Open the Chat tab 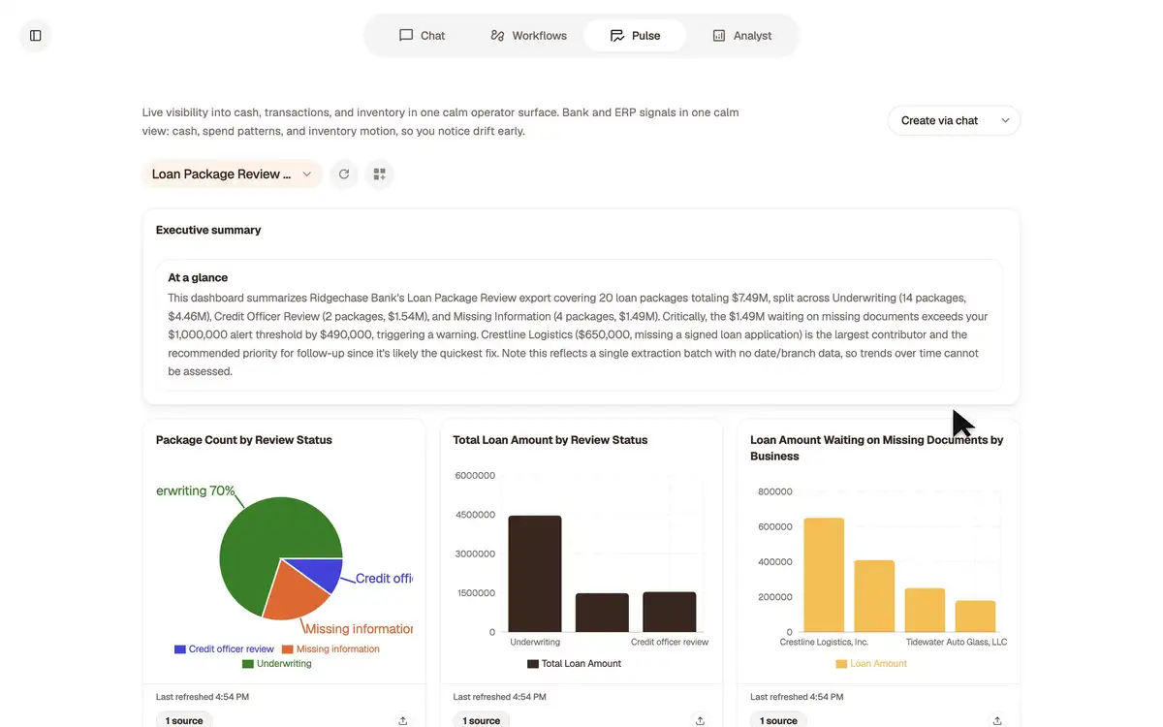422,35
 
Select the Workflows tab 528,35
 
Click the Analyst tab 741,35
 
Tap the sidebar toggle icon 35,35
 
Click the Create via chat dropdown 954,120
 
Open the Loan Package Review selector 232,174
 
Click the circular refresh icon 344,174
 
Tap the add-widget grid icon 380,174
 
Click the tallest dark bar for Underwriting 535,574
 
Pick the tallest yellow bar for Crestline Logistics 824,575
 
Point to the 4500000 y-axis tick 475,515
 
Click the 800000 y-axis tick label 775,491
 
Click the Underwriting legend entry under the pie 277,664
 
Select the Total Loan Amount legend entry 574,664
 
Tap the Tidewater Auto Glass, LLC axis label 957,642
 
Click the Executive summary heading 208,230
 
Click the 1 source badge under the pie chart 184,720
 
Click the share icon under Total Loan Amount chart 700,721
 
